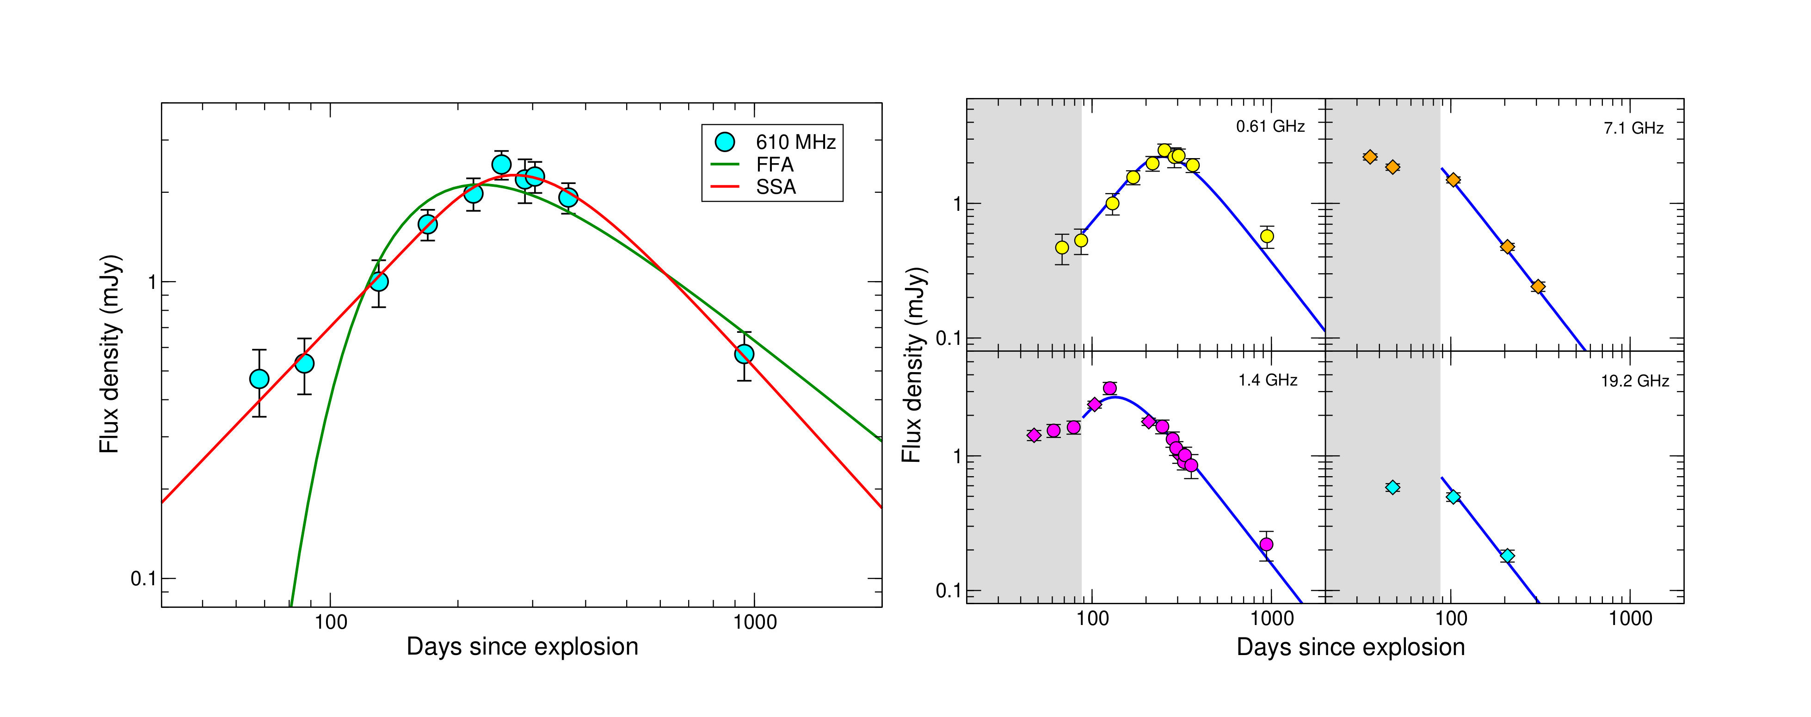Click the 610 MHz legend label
pos(795,142)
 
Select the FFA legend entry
pos(775,165)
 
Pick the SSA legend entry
pos(776,187)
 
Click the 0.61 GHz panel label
pos(1269,127)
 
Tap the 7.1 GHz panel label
pos(1633,128)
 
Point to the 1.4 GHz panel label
pos(1268,380)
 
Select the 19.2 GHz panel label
pos(1634,381)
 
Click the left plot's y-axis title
pos(111,354)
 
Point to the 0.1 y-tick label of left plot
pos(143,579)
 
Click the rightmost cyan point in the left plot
pos(744,354)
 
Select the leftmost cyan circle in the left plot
pos(259,379)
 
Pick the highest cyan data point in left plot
pos(501,165)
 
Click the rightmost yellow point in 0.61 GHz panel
pos(1267,236)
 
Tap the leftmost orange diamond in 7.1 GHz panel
pos(1369,157)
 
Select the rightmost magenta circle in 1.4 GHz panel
pos(1266,544)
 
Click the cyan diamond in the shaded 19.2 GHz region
pos(1392,487)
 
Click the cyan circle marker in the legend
pos(724,142)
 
